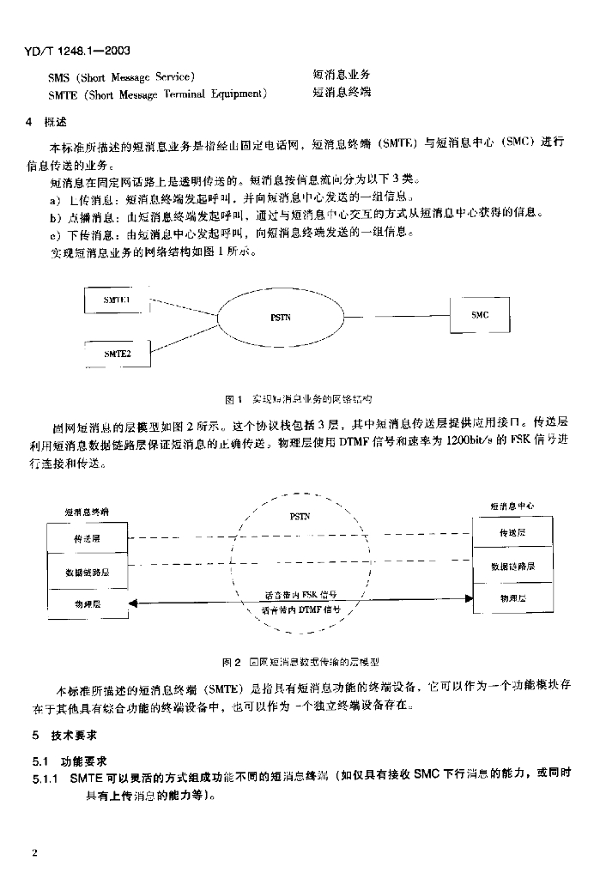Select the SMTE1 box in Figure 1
(117, 300)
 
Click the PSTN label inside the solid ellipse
(280, 318)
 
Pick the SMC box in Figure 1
(480, 316)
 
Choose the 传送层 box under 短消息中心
(512, 533)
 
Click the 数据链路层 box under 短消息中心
(512, 566)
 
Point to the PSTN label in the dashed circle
(300, 516)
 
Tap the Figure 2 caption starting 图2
(300, 662)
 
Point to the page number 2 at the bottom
(34, 853)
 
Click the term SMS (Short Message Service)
(121, 76)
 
